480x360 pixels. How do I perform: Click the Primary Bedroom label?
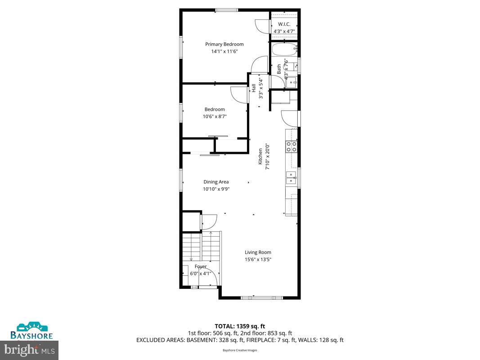click(x=224, y=44)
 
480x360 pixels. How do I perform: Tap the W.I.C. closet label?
click(x=284, y=24)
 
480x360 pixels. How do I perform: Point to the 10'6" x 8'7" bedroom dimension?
click(x=215, y=116)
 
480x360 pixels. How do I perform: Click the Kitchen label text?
click(x=260, y=157)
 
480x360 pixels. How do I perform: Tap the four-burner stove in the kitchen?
click(x=291, y=146)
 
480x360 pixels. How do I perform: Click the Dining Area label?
click(x=216, y=182)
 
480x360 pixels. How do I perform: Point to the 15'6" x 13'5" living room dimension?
click(x=258, y=259)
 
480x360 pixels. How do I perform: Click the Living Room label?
click(x=258, y=252)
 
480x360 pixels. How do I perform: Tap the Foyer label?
click(x=201, y=266)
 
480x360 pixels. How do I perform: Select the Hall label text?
click(x=254, y=88)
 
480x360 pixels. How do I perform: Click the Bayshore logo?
click(x=32, y=331)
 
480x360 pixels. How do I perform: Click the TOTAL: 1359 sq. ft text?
click(x=240, y=326)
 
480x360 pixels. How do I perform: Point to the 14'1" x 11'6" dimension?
click(x=224, y=51)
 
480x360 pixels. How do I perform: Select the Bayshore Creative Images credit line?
click(x=240, y=351)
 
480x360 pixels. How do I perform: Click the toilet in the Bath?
click(x=292, y=82)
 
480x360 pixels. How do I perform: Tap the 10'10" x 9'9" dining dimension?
click(x=216, y=189)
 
